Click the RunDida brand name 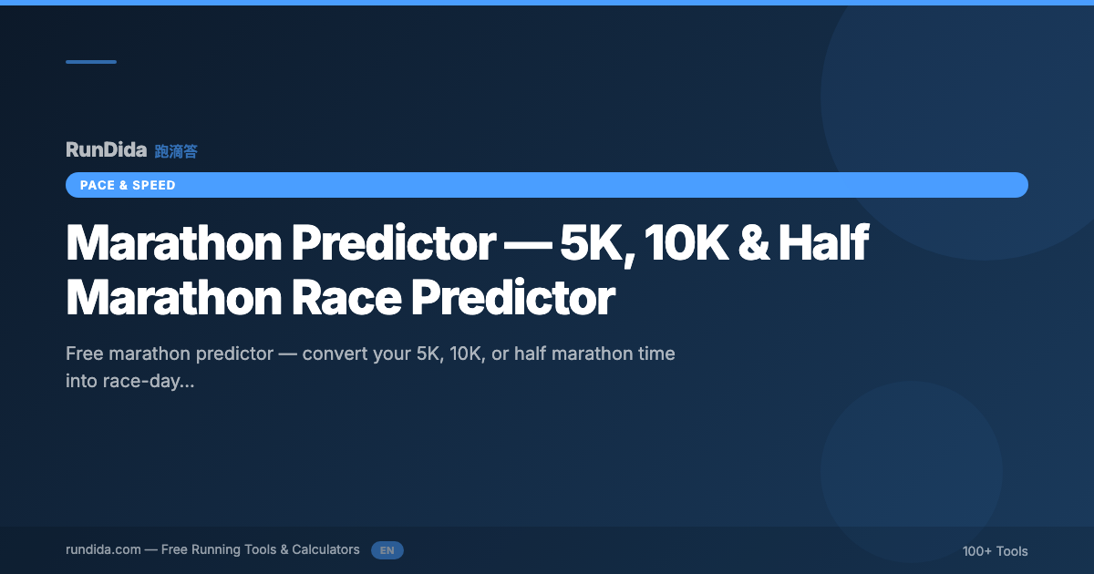click(106, 149)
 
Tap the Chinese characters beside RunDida click(176, 151)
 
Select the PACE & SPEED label click(128, 186)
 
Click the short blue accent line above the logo click(91, 62)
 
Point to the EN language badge click(387, 550)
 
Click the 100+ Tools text click(995, 551)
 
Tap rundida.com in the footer click(103, 550)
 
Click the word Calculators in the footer click(325, 549)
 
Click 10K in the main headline click(686, 242)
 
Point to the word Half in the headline click(823, 241)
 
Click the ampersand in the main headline click(754, 242)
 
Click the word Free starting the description click(84, 354)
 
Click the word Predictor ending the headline click(512, 297)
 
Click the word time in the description click(656, 354)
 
